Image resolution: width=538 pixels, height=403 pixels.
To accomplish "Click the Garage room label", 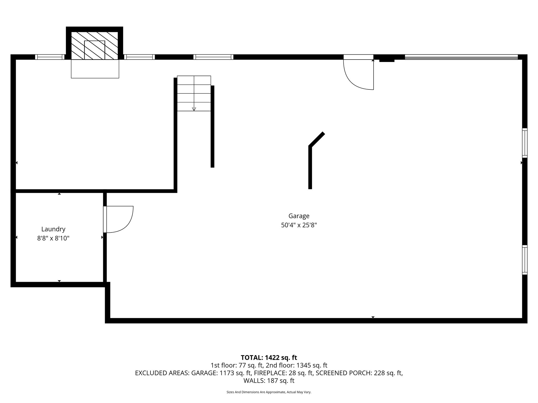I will click(x=299, y=216).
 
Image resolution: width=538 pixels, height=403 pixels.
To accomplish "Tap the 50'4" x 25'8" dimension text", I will click(x=299, y=225).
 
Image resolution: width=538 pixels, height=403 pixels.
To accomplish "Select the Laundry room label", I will click(x=53, y=229).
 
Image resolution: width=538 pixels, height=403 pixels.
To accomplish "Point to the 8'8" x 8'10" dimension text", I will click(x=53, y=238).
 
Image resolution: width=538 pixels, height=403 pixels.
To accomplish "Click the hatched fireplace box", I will click(x=95, y=46).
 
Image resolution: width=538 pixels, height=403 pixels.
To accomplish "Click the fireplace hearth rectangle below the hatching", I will click(x=95, y=69).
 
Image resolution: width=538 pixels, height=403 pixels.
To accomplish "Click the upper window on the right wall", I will click(x=524, y=143).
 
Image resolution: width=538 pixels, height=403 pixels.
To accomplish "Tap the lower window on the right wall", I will click(x=524, y=260).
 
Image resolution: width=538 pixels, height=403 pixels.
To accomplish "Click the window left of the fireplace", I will click(x=50, y=57).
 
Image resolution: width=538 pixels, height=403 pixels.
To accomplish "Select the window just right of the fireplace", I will click(x=139, y=57).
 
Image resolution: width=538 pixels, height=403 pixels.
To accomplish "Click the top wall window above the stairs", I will click(x=213, y=57).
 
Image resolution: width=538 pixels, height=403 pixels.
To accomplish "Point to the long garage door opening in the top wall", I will click(x=461, y=57).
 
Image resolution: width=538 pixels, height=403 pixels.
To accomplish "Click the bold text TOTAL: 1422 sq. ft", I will click(x=269, y=357).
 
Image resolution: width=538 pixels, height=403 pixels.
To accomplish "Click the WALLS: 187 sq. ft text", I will click(x=269, y=380).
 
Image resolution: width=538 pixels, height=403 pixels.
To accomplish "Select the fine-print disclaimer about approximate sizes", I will click(x=269, y=392).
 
